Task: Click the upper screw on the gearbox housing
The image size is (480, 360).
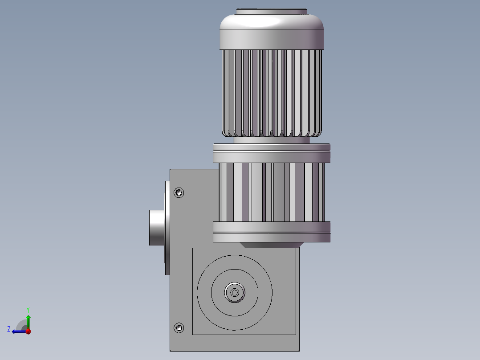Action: click(179, 192)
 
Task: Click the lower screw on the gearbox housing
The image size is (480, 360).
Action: click(179, 327)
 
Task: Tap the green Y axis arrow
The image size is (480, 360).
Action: click(28, 322)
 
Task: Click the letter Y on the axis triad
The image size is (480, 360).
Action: click(28, 310)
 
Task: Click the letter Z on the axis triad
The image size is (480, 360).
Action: click(9, 329)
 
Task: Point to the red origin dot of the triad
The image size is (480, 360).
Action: click(28, 331)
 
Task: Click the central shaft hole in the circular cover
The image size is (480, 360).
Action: click(235, 292)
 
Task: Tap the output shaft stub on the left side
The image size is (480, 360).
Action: click(157, 228)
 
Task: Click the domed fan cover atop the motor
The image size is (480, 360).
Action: click(272, 21)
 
